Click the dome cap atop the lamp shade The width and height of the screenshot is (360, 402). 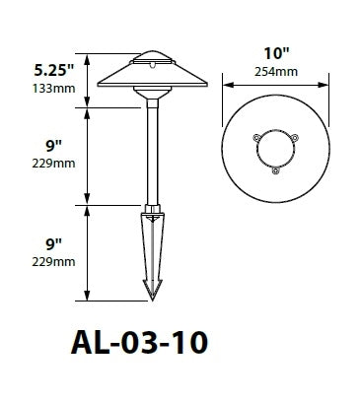coord(152,57)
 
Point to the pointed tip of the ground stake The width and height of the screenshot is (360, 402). coord(152,295)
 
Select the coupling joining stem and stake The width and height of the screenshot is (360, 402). coord(152,209)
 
